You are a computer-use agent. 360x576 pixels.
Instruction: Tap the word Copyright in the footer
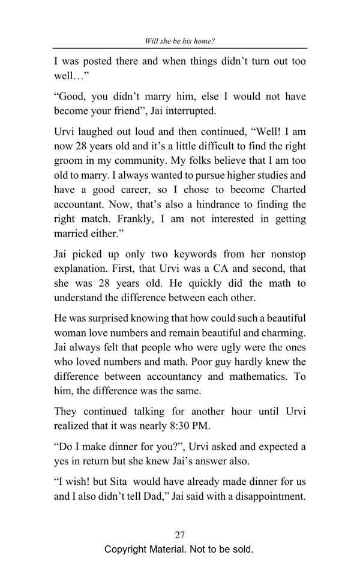pyautogui.click(x=126, y=550)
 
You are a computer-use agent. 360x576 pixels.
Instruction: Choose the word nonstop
pyautogui.click(x=284, y=254)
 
